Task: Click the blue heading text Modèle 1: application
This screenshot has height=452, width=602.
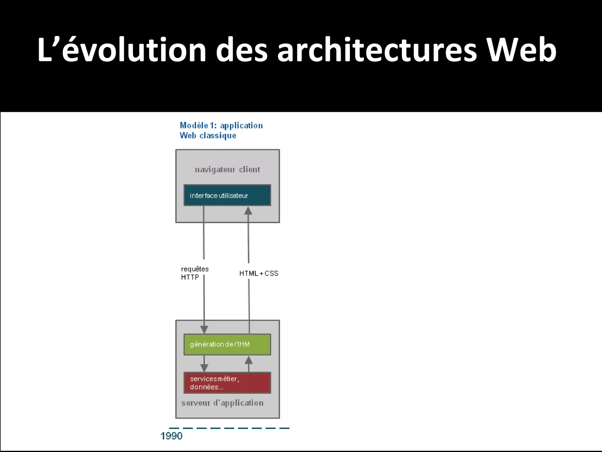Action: coord(221,126)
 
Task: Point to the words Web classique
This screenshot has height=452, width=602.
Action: coord(208,136)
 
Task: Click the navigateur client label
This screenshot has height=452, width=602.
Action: coord(227,169)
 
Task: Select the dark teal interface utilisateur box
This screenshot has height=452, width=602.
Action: coord(227,195)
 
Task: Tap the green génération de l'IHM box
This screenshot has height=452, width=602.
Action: coord(227,344)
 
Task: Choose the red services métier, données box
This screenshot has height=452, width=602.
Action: coord(227,383)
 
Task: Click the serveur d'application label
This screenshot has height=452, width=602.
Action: coord(222,403)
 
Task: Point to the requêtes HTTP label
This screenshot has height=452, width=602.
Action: coord(195,273)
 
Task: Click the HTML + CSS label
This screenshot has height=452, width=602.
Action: coord(259,273)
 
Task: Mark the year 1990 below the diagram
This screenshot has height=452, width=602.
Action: coord(171,436)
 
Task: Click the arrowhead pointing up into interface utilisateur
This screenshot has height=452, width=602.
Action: coord(248,211)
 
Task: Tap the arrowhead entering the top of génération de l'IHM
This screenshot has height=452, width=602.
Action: coord(204,329)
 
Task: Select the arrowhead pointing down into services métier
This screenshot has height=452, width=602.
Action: coord(204,368)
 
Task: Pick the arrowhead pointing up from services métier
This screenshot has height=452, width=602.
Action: coord(249,360)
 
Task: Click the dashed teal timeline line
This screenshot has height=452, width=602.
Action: coord(229,428)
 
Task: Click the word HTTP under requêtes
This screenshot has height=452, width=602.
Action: coord(190,277)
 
